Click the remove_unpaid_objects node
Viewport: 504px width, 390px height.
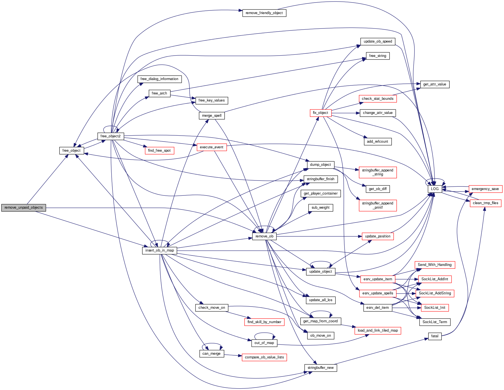pos(24,208)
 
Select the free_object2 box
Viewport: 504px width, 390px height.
pos(110,136)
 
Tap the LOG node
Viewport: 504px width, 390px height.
pos(435,189)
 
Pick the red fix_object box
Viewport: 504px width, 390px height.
pos(320,113)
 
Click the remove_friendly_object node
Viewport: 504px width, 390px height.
pos(264,13)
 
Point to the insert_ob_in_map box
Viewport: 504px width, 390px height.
pos(159,250)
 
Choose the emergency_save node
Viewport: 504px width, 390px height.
pos(485,189)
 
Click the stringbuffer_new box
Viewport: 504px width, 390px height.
pos(320,368)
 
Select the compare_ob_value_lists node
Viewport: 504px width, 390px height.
pos(264,357)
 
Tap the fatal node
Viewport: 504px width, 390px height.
pos(435,336)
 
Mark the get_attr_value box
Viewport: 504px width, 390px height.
pos(434,84)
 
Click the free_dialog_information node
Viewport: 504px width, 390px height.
pos(159,79)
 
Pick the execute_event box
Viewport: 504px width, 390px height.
pos(211,147)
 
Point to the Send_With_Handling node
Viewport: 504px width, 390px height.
pos(434,265)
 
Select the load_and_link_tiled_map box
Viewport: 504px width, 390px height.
pos(378,330)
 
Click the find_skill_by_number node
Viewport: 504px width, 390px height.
pos(264,322)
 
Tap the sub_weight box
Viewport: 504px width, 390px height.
pos(320,208)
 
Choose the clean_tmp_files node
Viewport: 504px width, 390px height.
pos(485,203)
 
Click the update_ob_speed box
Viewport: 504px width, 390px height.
pos(378,41)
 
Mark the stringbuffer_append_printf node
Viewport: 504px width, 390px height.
pos(378,205)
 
